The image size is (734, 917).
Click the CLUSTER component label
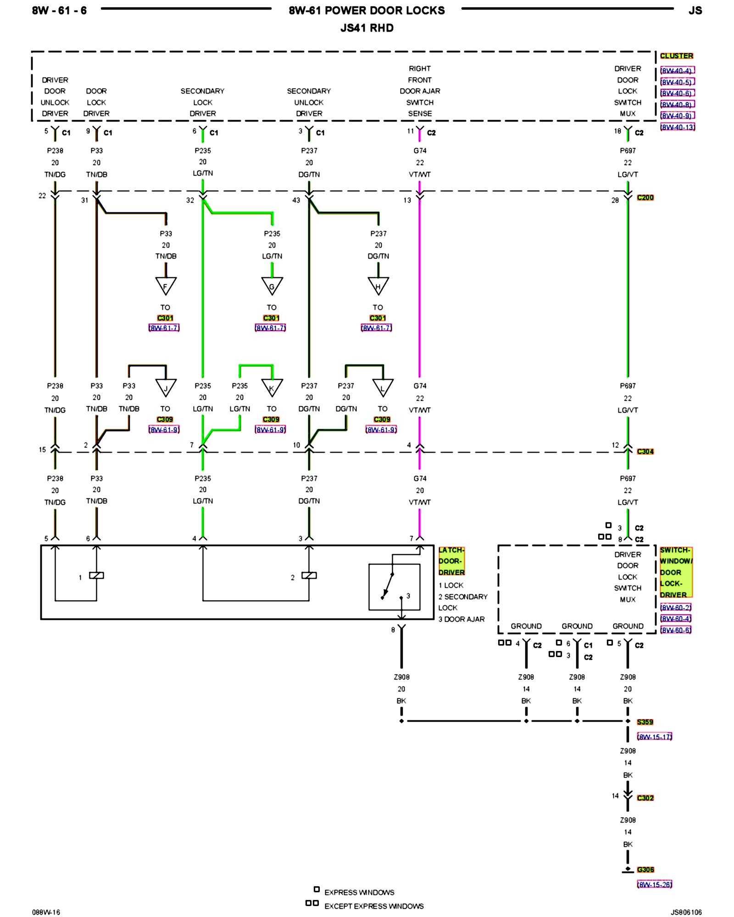pos(676,56)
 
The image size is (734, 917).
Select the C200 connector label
pos(645,198)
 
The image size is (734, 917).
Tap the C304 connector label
pos(645,452)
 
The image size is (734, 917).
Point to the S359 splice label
pos(645,722)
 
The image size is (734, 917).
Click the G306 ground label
pos(645,870)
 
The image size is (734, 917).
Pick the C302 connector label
pos(645,798)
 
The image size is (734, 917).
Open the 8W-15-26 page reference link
pos(654,884)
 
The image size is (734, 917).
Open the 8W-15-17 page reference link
pos(654,737)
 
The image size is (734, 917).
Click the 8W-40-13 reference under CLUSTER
pos(678,127)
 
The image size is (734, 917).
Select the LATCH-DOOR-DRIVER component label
pos(451,561)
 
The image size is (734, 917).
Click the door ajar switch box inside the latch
pos(394,587)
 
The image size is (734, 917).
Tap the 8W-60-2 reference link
pos(676,608)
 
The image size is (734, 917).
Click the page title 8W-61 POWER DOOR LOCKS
pos(367,11)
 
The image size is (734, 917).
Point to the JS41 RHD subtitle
pos(367,28)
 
